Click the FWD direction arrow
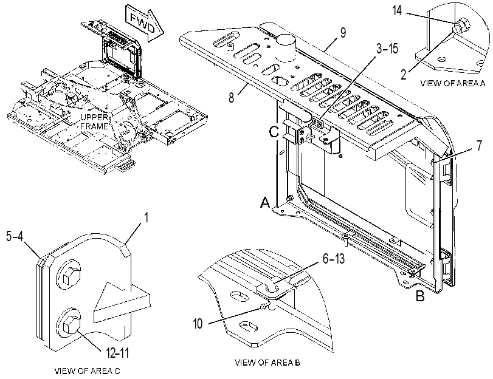pos(145,23)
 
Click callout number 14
pos(397,10)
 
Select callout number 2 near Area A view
pos(404,74)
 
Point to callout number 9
pos(343,33)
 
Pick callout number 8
pos(232,97)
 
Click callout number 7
pos(479,146)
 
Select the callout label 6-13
pos(334,258)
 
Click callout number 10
pos(198,323)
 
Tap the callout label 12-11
pos(117,353)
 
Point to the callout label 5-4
pos(15,236)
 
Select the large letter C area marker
pos(274,132)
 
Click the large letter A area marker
pos(265,202)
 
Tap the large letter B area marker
pos(421,296)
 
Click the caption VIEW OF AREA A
pos(453,83)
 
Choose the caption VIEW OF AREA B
pos(267,363)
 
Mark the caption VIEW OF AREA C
pos(87,371)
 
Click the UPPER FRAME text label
pos(95,122)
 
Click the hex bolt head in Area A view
pos(461,24)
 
